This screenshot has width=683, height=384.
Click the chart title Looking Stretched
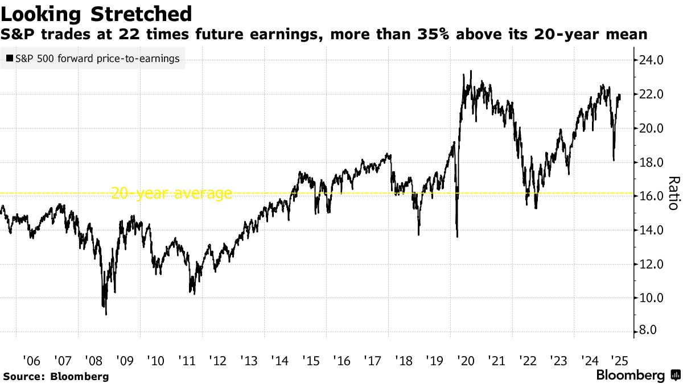(x=95, y=13)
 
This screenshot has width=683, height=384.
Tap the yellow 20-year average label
(x=171, y=193)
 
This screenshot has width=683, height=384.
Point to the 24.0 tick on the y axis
(x=651, y=60)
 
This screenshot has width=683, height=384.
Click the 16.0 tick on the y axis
(x=651, y=196)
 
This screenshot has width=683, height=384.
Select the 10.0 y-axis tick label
(x=651, y=298)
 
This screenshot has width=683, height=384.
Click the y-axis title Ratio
(x=673, y=193)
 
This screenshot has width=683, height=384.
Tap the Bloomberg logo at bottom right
(x=637, y=375)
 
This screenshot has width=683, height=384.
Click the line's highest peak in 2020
(x=471, y=71)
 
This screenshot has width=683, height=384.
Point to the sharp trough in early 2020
(x=458, y=237)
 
